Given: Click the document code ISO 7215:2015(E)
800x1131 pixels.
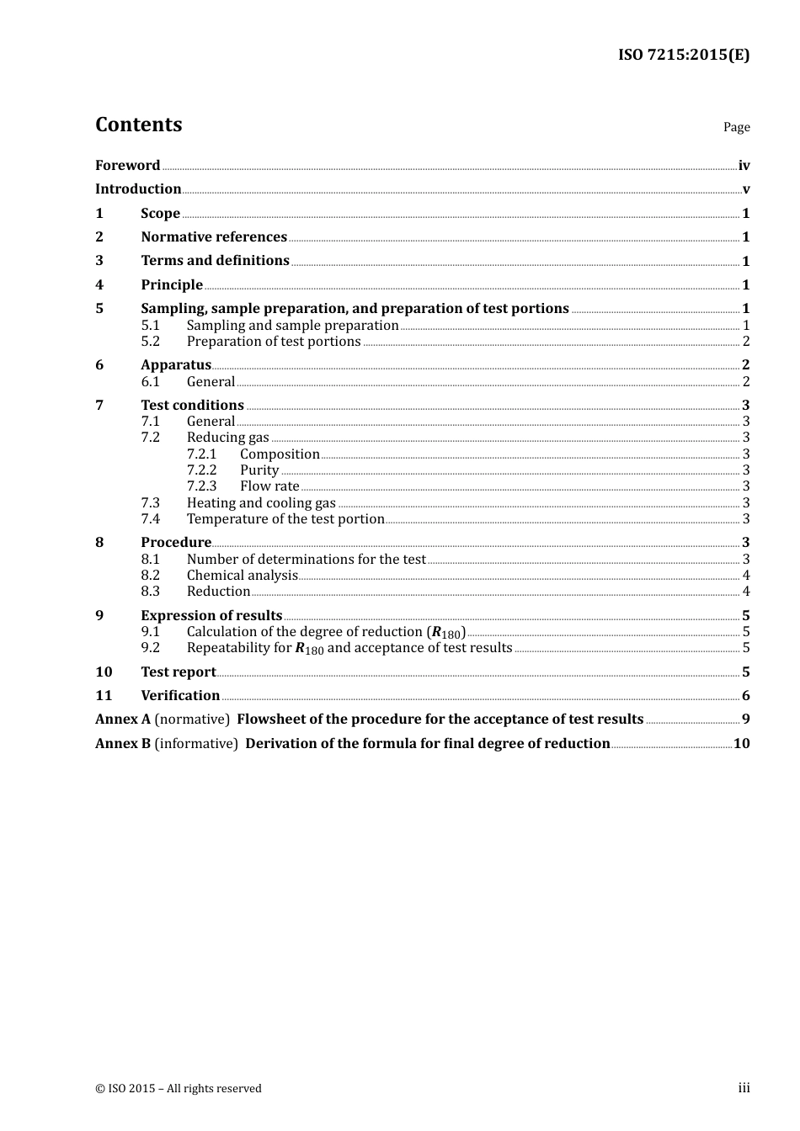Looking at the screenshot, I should point(683,55).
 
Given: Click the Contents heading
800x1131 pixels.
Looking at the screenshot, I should point(138,125).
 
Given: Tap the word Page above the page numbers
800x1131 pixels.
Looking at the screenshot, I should point(736,127).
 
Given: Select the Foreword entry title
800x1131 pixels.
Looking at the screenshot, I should point(127,165).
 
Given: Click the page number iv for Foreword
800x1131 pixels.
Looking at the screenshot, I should point(744,166).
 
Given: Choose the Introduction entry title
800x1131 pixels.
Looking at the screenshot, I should point(138,188).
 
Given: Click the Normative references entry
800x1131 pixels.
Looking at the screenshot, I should point(214,236).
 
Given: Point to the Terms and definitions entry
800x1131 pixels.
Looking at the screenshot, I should point(215,261).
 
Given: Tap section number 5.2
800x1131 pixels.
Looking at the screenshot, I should point(150,341).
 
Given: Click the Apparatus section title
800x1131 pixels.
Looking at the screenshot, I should point(176,364).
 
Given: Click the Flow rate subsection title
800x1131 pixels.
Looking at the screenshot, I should point(269,486).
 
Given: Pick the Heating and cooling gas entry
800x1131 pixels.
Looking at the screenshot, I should point(261,502).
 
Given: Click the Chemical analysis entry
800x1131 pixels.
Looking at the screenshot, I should point(242,575).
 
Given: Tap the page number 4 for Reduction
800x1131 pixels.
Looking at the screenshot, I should point(746,591).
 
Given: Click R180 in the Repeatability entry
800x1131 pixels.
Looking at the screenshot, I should point(309,648).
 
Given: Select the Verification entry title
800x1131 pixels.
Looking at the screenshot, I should point(180,695).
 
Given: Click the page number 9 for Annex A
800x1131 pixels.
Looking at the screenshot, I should point(746,719).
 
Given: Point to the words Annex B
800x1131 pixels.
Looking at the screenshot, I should point(123,743).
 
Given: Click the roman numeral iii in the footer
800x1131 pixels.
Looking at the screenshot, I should point(744,1088).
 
